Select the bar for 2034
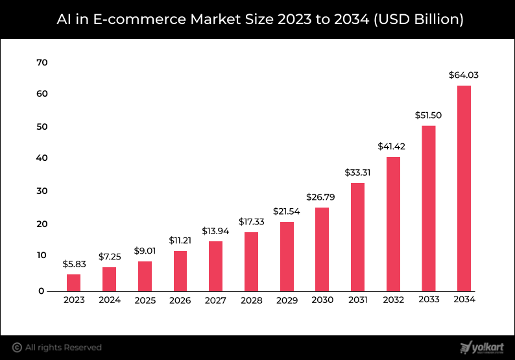(x=464, y=188)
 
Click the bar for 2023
(x=73, y=282)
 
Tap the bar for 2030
(x=322, y=249)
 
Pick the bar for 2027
(x=215, y=266)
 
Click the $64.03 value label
(x=464, y=75)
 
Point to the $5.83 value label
(x=73, y=264)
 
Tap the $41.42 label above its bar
(x=392, y=147)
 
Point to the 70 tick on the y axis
(x=43, y=62)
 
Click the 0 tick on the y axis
(x=42, y=291)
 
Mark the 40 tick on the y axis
(x=43, y=158)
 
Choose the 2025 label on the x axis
(x=145, y=300)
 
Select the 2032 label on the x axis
(x=392, y=300)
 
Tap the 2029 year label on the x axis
(x=287, y=300)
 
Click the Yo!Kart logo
(x=482, y=347)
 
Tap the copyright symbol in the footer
(x=18, y=348)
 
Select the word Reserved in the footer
(x=81, y=348)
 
